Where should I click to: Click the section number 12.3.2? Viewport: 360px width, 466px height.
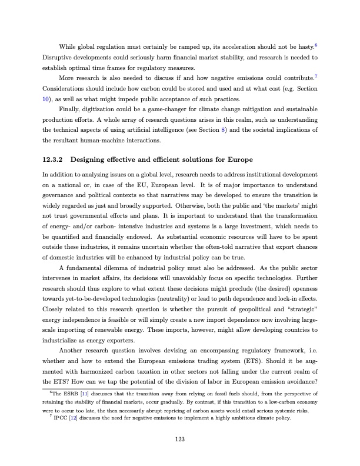tap(54, 159)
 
